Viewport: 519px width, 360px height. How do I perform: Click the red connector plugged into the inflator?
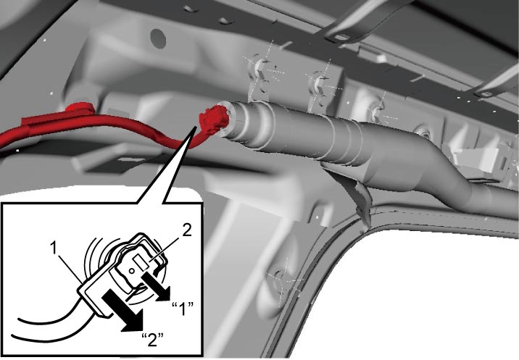[215, 120]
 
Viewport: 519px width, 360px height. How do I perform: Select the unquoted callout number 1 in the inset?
[54, 248]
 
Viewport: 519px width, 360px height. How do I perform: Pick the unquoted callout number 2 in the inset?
[187, 230]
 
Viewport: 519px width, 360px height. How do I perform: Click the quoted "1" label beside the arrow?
[183, 309]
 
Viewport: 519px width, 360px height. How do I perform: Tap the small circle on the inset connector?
[131, 271]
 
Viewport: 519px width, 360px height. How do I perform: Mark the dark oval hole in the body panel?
[158, 38]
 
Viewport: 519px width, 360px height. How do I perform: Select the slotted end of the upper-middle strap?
[341, 38]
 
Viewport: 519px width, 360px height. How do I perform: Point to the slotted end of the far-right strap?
[485, 93]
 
